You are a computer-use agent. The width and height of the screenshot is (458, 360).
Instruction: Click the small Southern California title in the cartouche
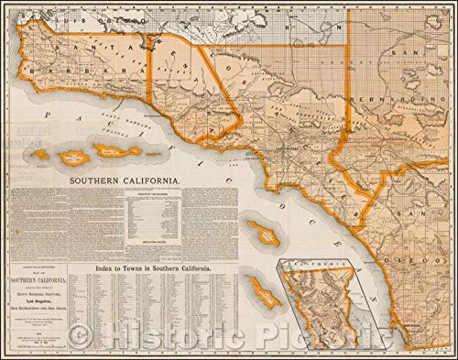point(57,278)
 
